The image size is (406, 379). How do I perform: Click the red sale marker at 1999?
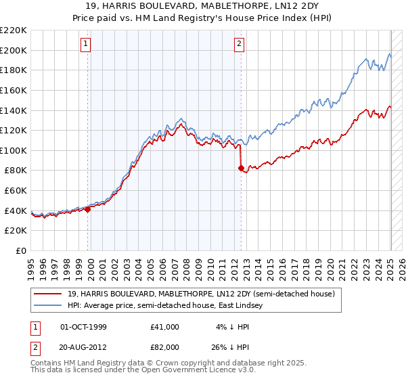coord(88,210)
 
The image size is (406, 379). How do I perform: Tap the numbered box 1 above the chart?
coord(87,45)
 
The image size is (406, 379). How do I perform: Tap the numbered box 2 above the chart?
coord(240,45)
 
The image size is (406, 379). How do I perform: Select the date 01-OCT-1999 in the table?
coord(84,327)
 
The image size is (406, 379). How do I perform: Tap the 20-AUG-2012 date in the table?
coord(84,349)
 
